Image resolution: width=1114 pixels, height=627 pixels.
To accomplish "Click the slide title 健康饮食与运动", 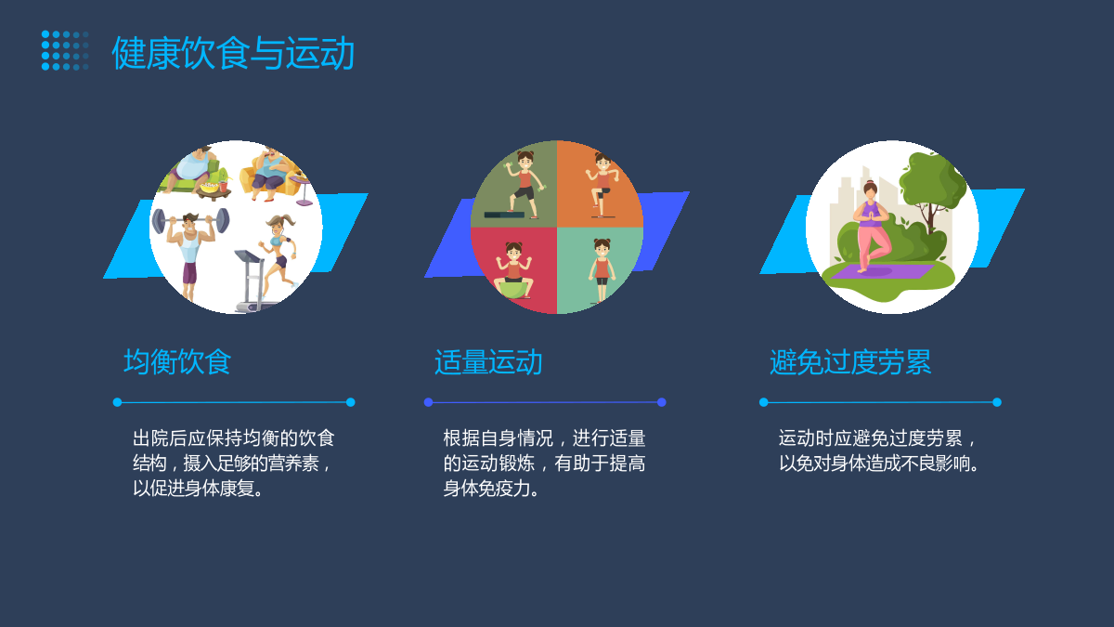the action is click(233, 53).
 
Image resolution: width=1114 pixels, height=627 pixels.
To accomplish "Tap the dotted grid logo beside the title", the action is click(65, 50).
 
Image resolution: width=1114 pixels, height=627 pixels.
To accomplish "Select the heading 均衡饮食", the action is click(177, 361).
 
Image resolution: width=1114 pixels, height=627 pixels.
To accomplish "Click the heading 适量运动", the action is click(488, 361).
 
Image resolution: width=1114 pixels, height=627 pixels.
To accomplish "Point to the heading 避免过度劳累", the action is click(850, 361).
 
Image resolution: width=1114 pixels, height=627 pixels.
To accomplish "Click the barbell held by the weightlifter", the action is click(190, 220).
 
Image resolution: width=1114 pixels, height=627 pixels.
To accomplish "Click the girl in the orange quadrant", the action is click(602, 185).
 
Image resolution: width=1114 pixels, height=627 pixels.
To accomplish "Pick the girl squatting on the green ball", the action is click(513, 270).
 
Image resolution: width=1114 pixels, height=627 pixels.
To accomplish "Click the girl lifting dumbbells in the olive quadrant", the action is click(524, 185).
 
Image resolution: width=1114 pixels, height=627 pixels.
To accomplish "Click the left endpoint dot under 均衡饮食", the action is click(117, 402).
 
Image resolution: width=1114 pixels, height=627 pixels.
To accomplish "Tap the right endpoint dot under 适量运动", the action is click(661, 402).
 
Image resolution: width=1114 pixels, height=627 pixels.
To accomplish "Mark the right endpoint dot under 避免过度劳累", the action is click(997, 402).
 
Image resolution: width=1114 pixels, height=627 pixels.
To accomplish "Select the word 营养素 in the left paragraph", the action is click(293, 464).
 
